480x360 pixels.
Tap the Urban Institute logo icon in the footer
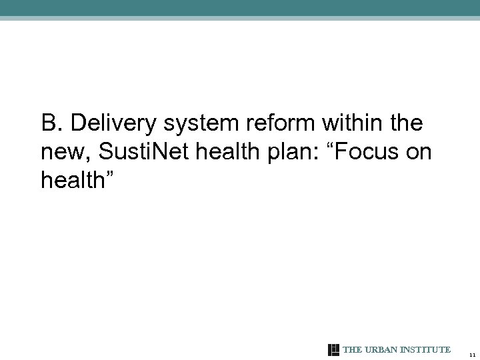[x=334, y=350]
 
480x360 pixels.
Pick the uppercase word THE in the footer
[x=351, y=350]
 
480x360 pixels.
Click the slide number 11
[x=471, y=355]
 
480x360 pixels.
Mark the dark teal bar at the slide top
[x=240, y=7]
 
